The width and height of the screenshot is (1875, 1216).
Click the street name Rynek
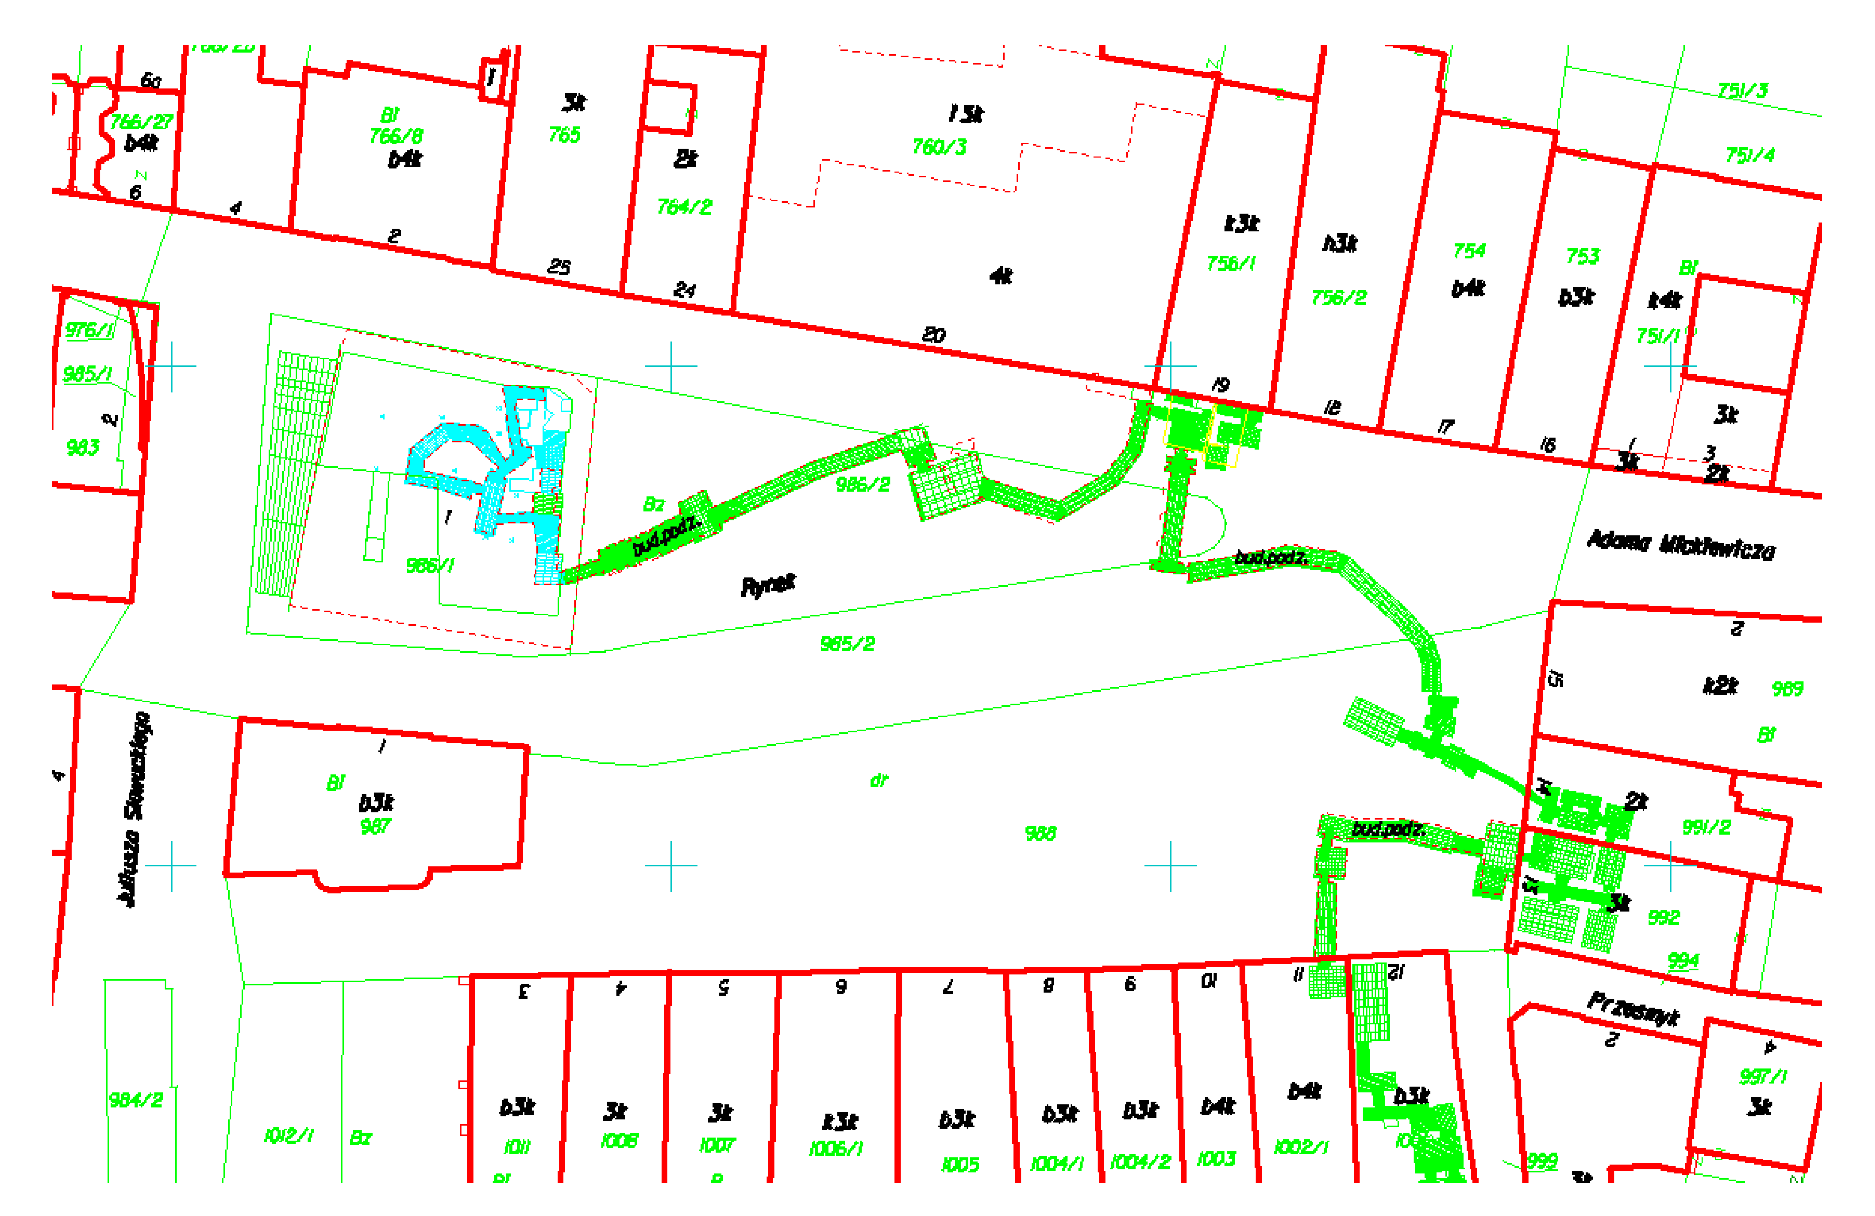[x=768, y=585]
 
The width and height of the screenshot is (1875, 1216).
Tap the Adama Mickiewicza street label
[x=1680, y=545]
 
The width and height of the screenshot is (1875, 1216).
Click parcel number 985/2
[x=848, y=644]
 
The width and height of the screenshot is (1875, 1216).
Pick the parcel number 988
[x=1040, y=833]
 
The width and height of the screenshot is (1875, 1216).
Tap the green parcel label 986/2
[x=863, y=485]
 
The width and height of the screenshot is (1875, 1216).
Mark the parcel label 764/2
[x=684, y=207]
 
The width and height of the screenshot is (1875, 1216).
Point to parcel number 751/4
[x=1750, y=155]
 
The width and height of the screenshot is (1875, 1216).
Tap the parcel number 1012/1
[x=288, y=1135]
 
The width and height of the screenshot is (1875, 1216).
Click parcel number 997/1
[x=1763, y=1076]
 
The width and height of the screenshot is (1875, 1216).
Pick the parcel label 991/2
[x=1706, y=827]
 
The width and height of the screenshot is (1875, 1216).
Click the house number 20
[x=934, y=335]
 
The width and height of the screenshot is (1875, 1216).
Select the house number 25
[x=559, y=267]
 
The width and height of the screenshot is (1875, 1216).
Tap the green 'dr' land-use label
[x=879, y=781]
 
